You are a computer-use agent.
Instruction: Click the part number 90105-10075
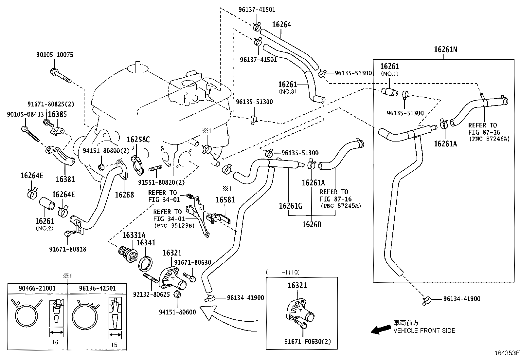pyautogui.click(x=54, y=55)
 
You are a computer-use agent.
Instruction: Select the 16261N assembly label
pyautogui.click(x=445, y=49)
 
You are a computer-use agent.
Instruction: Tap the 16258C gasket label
pyautogui.click(x=138, y=140)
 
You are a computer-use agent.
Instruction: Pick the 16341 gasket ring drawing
pyautogui.click(x=145, y=263)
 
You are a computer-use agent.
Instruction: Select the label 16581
pyautogui.click(x=225, y=199)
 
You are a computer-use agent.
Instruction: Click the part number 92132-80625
pyautogui.click(x=151, y=294)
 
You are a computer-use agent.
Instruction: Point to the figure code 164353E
pyautogui.click(x=507, y=353)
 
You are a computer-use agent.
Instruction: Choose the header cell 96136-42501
pyautogui.click(x=97, y=289)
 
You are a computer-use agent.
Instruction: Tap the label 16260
pyautogui.click(x=311, y=225)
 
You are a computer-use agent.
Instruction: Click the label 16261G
pyautogui.click(x=290, y=206)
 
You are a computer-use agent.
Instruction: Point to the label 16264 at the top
pyautogui.click(x=281, y=25)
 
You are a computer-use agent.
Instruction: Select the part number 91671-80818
pyautogui.click(x=67, y=249)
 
